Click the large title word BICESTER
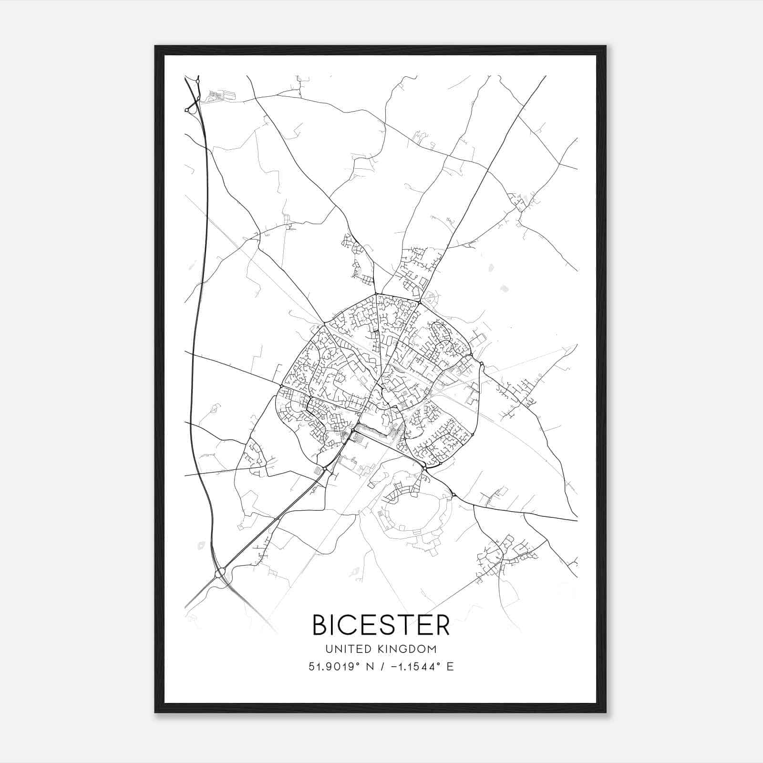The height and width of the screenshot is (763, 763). (381, 625)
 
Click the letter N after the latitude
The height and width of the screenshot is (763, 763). (370, 667)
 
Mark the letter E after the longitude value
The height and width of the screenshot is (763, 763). (450, 667)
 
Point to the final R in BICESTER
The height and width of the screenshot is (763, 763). (443, 625)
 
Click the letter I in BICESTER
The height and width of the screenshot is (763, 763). (334, 625)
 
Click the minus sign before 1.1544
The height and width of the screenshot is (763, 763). (394, 667)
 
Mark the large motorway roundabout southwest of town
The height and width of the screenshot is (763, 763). (220, 572)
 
